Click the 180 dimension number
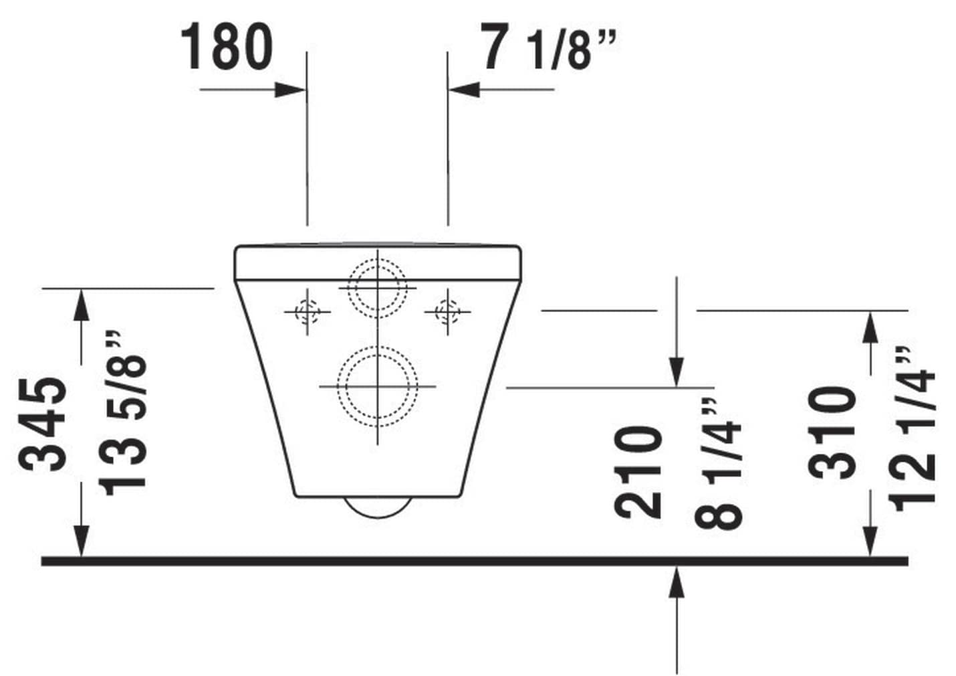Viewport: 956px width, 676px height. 227,46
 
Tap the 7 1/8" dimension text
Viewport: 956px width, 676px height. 550,46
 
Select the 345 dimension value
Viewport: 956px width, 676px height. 43,424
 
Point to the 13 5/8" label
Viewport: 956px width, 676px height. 123,413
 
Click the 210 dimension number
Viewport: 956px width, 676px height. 638,471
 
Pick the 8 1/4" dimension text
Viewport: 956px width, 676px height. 718,464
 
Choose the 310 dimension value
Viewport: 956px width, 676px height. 832,432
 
